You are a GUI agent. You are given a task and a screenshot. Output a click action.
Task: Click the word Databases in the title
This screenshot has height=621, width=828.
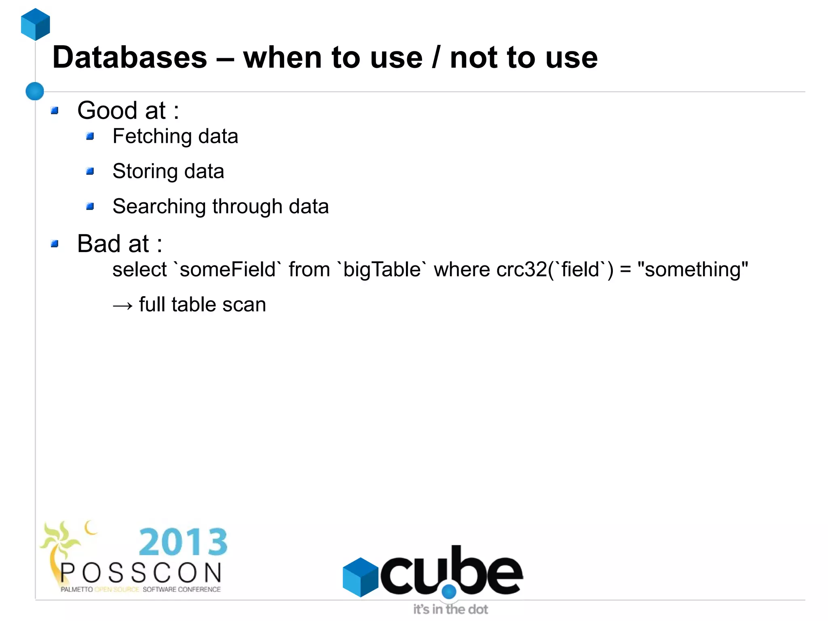point(129,57)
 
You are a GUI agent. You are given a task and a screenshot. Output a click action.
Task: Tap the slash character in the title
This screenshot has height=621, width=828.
point(436,57)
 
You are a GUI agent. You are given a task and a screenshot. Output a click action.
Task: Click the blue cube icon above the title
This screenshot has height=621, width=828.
point(36,24)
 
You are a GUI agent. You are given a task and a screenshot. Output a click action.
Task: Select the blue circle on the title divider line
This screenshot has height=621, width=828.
point(35,91)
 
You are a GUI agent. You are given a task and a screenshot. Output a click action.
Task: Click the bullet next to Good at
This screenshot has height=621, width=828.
point(55,110)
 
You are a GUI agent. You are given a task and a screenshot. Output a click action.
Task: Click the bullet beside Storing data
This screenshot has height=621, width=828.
point(90,172)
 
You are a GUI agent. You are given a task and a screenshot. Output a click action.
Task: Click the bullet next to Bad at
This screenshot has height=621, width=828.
point(55,244)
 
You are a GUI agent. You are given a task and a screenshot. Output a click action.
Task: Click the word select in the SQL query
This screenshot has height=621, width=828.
point(139,269)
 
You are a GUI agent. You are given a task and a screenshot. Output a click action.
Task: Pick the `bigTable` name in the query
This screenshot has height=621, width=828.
point(382,269)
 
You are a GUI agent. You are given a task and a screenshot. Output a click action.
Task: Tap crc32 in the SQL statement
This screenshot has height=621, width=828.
point(522,269)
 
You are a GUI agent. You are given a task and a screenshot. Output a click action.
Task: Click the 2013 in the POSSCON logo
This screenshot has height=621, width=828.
point(183,542)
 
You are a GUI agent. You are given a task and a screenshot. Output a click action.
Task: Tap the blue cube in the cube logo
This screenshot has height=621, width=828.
point(360,576)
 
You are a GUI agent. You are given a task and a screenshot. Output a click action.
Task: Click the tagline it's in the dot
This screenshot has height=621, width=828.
point(450,609)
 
